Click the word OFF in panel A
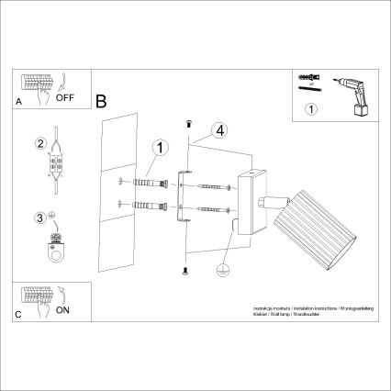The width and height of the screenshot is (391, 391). coord(67,94)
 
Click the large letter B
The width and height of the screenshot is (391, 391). coord(102,98)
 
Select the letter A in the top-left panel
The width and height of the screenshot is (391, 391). coord(19,105)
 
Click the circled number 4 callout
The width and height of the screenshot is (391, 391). coord(218,130)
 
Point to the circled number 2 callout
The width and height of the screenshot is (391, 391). coord(39,143)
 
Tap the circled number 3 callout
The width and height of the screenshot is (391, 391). coord(39,218)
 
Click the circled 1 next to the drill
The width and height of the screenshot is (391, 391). coord(310,110)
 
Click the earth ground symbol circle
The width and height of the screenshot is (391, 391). coord(220,271)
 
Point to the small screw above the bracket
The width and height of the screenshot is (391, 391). coord(187,121)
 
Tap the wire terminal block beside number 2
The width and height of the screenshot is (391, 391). coord(55,166)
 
